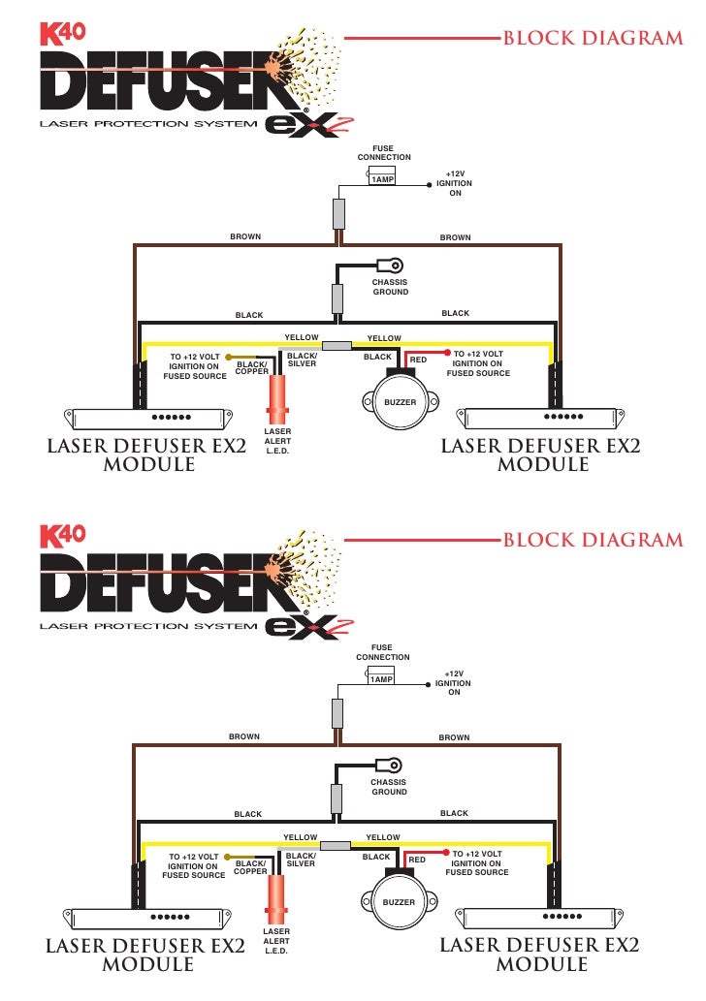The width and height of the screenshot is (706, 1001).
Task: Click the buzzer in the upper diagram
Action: [399, 399]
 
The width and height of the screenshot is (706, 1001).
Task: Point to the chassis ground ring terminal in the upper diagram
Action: [395, 264]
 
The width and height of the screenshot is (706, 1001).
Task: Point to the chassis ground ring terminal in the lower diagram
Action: [394, 764]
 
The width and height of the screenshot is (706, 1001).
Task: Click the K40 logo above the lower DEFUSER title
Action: [63, 533]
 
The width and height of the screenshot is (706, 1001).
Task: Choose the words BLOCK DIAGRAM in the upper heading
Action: [593, 39]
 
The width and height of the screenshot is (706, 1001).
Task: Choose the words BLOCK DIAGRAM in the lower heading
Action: [593, 540]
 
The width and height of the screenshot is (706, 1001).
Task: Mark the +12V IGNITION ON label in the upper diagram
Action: [455, 183]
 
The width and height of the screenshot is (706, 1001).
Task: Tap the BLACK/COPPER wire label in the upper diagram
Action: [251, 368]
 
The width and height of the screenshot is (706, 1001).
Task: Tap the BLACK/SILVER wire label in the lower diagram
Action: [301, 860]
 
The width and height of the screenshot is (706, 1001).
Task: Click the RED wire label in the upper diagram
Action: [418, 360]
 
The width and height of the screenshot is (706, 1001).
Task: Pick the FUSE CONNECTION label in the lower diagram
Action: [383, 652]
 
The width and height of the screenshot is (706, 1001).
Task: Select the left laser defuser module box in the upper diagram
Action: [148, 419]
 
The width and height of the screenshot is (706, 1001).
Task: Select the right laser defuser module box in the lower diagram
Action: [541, 917]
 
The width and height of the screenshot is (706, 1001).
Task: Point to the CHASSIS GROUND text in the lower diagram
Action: [389, 787]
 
